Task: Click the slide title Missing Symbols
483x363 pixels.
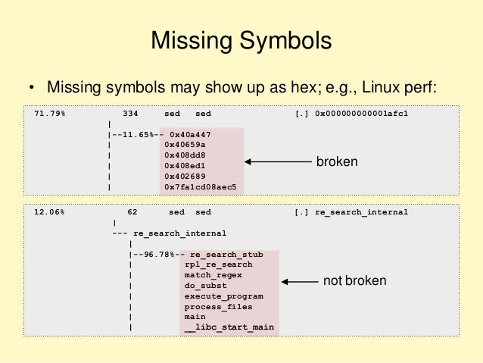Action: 241,40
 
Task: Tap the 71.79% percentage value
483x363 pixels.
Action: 49,113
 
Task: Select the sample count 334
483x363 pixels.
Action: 130,113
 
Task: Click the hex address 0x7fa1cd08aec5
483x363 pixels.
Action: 201,186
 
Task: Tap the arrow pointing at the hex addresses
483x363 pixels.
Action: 277,161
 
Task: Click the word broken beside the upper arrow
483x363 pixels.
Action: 337,161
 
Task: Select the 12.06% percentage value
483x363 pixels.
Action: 49,212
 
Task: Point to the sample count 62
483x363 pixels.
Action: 132,212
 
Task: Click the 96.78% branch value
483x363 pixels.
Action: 157,255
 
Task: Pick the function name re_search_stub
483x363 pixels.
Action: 227,255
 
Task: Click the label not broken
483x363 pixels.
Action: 354,281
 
